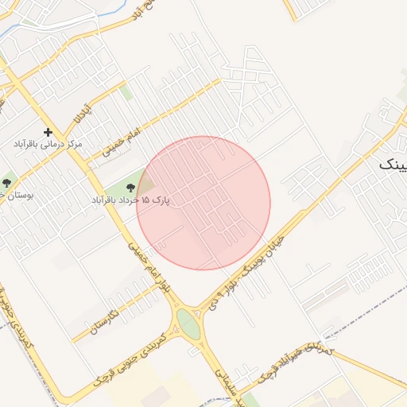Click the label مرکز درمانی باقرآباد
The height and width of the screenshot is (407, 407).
(48, 145)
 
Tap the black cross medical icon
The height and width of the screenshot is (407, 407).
(48, 132)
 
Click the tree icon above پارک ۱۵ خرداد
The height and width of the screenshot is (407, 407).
(130, 188)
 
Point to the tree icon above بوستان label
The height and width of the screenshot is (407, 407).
(6, 183)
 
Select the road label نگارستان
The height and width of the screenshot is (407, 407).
(104, 321)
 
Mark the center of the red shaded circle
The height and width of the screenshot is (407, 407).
(203, 203)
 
